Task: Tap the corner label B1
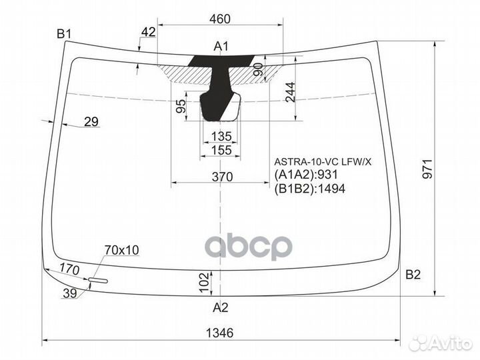[x=64, y=33]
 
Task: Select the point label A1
[x=221, y=46]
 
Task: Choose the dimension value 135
[x=221, y=137]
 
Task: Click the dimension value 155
[x=221, y=151]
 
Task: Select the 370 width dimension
[x=222, y=177]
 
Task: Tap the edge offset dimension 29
[x=91, y=121]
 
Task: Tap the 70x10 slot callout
[x=121, y=250]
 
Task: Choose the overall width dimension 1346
[x=220, y=333]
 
